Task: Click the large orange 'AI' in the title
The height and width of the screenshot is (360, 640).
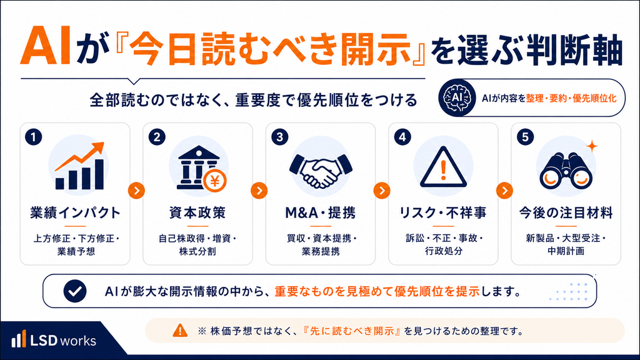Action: [x=46, y=46]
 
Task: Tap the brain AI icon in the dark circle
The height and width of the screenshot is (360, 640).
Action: [x=457, y=98]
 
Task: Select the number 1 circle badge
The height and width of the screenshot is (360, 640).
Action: [x=34, y=137]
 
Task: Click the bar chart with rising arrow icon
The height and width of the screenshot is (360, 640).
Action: [x=79, y=166]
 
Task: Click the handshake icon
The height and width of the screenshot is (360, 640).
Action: [x=321, y=170]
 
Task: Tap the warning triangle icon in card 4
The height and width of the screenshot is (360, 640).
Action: [x=443, y=167]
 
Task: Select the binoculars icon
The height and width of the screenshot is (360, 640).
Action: [x=566, y=171]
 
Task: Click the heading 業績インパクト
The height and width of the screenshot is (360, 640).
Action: [x=76, y=212]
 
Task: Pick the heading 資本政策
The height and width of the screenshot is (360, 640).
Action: [x=197, y=212]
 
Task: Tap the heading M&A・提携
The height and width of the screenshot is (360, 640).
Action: [x=321, y=212]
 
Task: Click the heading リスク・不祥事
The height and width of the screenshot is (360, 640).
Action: [x=443, y=212]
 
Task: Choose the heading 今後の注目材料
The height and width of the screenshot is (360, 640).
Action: [x=566, y=212]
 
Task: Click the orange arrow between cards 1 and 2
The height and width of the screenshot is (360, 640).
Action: [x=136, y=191]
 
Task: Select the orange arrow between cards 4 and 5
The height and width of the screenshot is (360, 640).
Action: [x=504, y=191]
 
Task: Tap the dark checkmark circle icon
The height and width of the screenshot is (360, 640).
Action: [x=75, y=291]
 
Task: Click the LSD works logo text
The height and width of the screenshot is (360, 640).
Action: [x=63, y=341]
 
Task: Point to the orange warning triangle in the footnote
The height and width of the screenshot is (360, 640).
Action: [x=180, y=330]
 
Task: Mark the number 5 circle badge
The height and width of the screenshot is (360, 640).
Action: [x=525, y=137]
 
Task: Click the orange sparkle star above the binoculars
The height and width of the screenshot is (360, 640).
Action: [x=592, y=146]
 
